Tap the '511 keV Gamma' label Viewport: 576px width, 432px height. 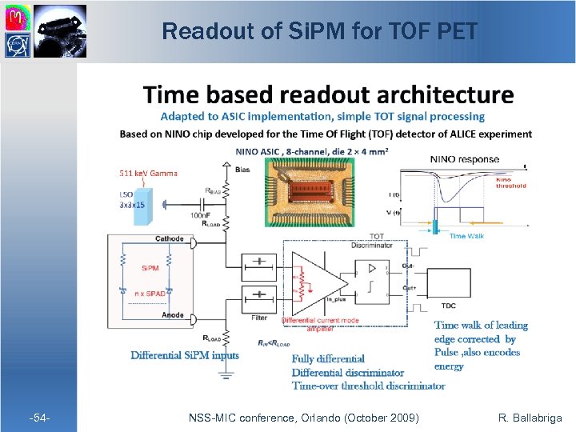[148, 173]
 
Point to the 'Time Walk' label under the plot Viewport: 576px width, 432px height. [468, 236]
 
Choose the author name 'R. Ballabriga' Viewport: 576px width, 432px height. [530, 418]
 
